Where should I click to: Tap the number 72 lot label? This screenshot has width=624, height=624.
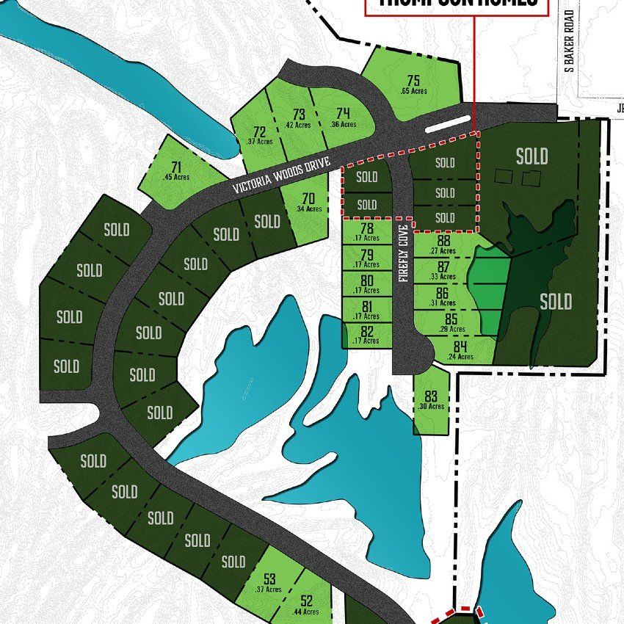click(259, 134)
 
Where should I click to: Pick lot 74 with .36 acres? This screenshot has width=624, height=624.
click(343, 116)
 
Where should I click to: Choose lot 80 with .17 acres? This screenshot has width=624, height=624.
click(367, 283)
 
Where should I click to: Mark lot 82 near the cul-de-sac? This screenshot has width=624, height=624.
click(367, 334)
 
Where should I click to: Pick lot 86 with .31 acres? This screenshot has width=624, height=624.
click(443, 295)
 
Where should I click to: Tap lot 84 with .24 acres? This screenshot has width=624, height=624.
click(460, 350)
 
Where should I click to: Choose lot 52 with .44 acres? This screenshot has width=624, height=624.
click(307, 604)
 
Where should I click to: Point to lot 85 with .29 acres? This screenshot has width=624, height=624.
click(451, 322)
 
